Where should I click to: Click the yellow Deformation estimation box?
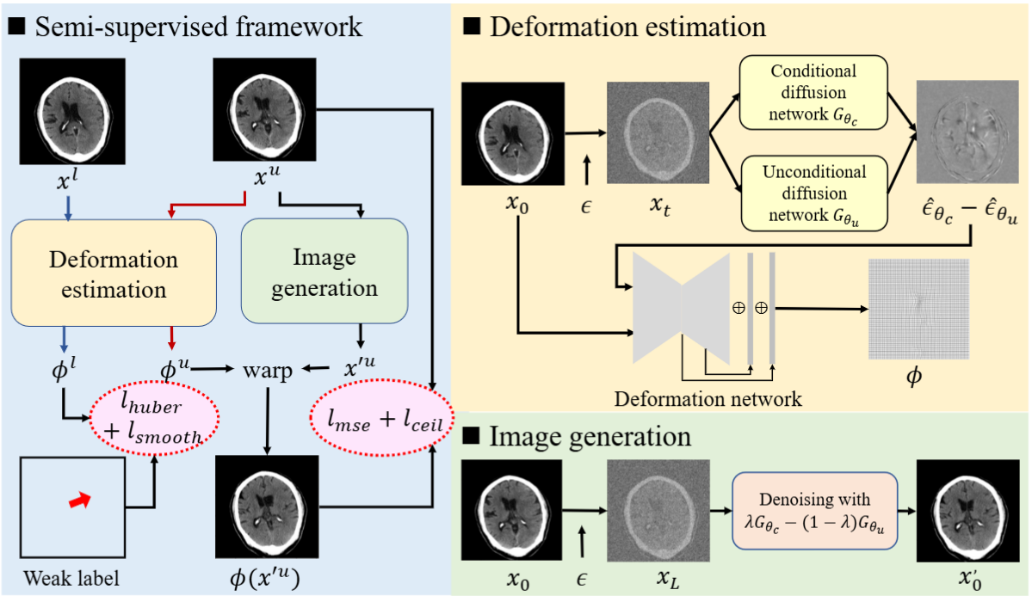[114, 273]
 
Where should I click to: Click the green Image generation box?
[324, 273]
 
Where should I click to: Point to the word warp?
[268, 371]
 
